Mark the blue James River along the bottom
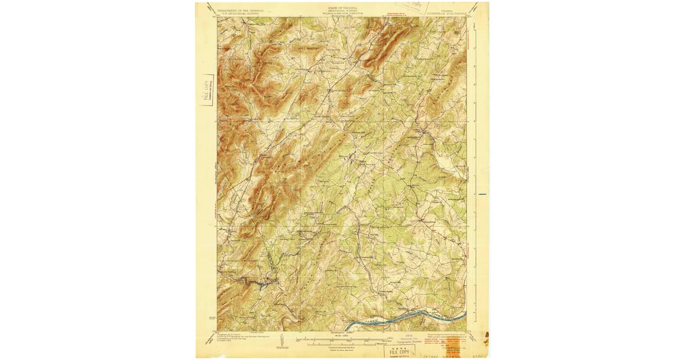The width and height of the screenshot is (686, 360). point(400,318)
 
